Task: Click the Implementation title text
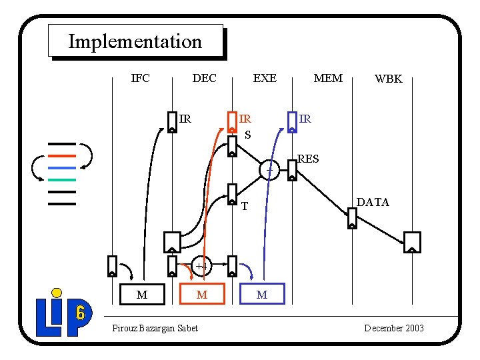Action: (x=135, y=41)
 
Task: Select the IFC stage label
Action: (x=140, y=78)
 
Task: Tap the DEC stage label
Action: (x=204, y=78)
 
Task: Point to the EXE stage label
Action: (x=265, y=78)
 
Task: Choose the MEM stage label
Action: (x=328, y=78)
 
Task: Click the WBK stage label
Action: (x=388, y=79)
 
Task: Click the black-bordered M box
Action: (x=142, y=294)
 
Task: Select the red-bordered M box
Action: (x=202, y=294)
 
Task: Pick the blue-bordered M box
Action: (x=261, y=294)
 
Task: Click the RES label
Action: (x=308, y=159)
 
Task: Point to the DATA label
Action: (x=373, y=202)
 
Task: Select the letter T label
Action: (x=245, y=207)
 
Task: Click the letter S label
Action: (x=247, y=135)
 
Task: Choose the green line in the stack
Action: (x=62, y=179)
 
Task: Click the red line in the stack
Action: (x=62, y=156)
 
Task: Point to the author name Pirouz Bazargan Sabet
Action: (x=155, y=328)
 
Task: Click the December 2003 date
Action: (x=394, y=328)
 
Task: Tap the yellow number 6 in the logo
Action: (x=80, y=312)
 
